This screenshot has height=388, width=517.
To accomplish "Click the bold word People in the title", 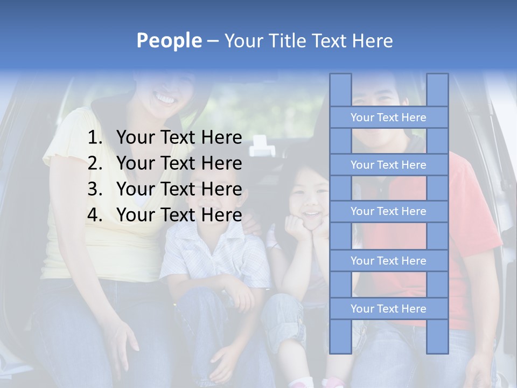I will tap(169, 41).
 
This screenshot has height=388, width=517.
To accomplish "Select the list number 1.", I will tap(95, 138).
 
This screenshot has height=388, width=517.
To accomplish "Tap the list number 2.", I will tap(95, 163).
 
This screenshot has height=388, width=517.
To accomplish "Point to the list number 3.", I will tap(95, 189).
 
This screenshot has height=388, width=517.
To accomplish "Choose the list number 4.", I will tap(95, 215).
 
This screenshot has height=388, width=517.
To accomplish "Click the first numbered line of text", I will tap(179, 138).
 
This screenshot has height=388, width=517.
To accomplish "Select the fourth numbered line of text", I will tap(179, 215).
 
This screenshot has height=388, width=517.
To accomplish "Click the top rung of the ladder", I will tap(388, 117).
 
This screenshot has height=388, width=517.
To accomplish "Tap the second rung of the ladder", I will tap(388, 165).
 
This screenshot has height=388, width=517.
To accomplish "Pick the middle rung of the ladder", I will tap(388, 212).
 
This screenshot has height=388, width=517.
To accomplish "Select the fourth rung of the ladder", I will tap(388, 261).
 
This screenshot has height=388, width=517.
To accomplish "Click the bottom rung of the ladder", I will tap(388, 309).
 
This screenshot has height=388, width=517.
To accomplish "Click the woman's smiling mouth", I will tap(165, 99).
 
